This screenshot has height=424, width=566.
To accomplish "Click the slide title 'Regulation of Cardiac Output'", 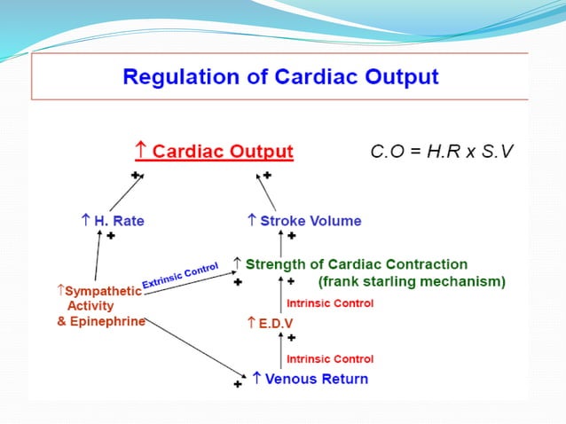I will (x=279, y=76).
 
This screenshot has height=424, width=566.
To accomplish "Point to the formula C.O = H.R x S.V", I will (x=441, y=151).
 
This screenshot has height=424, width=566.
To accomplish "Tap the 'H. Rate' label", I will (x=113, y=220).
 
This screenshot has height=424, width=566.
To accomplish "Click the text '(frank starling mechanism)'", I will (x=412, y=282).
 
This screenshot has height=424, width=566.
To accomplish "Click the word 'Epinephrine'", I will (x=101, y=321).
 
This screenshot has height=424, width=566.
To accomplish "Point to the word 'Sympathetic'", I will (x=98, y=290).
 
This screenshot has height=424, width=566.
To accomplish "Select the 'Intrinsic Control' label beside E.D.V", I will (x=329, y=303).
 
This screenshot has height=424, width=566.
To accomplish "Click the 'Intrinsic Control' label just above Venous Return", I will (x=329, y=359).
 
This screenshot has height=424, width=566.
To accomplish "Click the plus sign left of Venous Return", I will (x=237, y=384).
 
